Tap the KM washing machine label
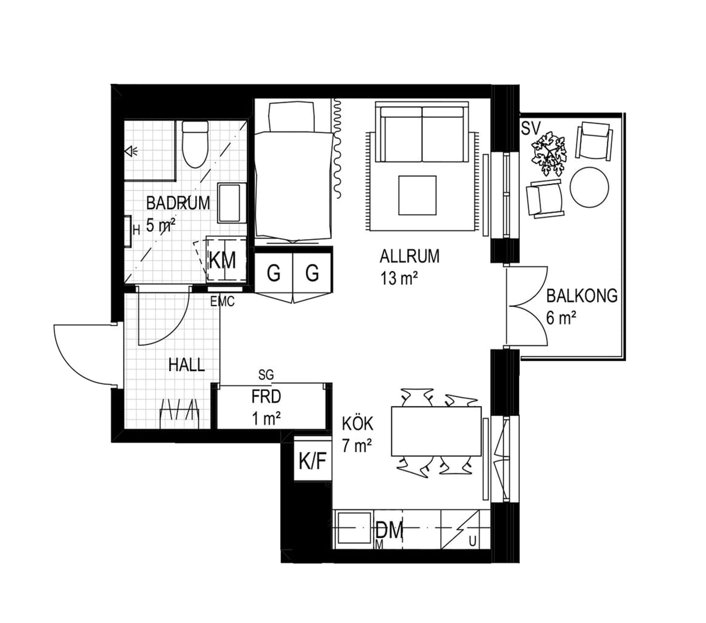point(222,260)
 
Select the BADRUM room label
point(178,203)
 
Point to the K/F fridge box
point(313,460)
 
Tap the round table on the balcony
point(589,187)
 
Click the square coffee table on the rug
point(417,195)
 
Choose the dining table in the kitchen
point(436,431)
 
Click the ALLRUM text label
point(409,256)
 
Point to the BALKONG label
point(582,295)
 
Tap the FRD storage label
point(266,397)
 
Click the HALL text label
point(187,365)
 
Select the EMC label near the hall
point(222,302)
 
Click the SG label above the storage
point(266,375)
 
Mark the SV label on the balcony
point(531,128)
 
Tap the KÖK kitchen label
point(358,423)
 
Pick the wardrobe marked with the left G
point(273,272)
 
